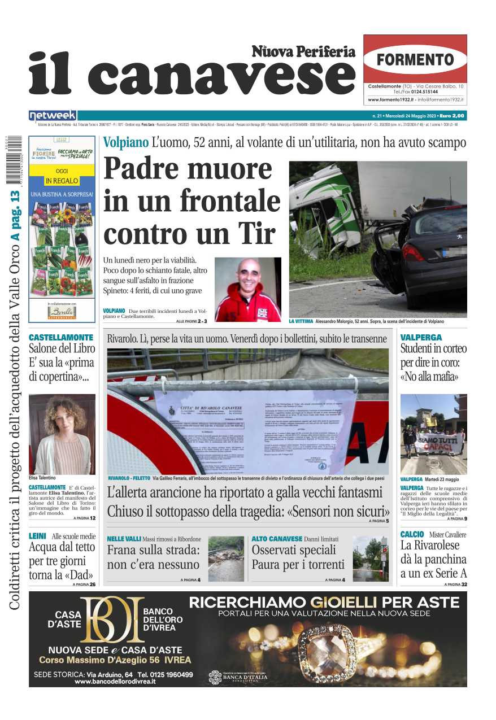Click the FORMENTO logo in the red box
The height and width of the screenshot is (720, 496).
tap(415, 59)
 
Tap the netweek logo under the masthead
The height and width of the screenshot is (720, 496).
tap(53, 116)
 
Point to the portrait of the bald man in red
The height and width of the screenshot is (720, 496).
tap(247, 290)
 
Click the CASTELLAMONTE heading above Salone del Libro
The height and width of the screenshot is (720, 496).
tap(61, 337)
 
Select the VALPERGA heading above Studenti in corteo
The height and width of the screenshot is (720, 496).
tap(421, 337)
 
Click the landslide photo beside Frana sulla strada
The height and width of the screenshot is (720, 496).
tap(226, 558)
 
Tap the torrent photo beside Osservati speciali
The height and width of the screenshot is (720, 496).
tap(370, 558)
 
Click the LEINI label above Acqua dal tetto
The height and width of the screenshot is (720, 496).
tap(37, 536)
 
